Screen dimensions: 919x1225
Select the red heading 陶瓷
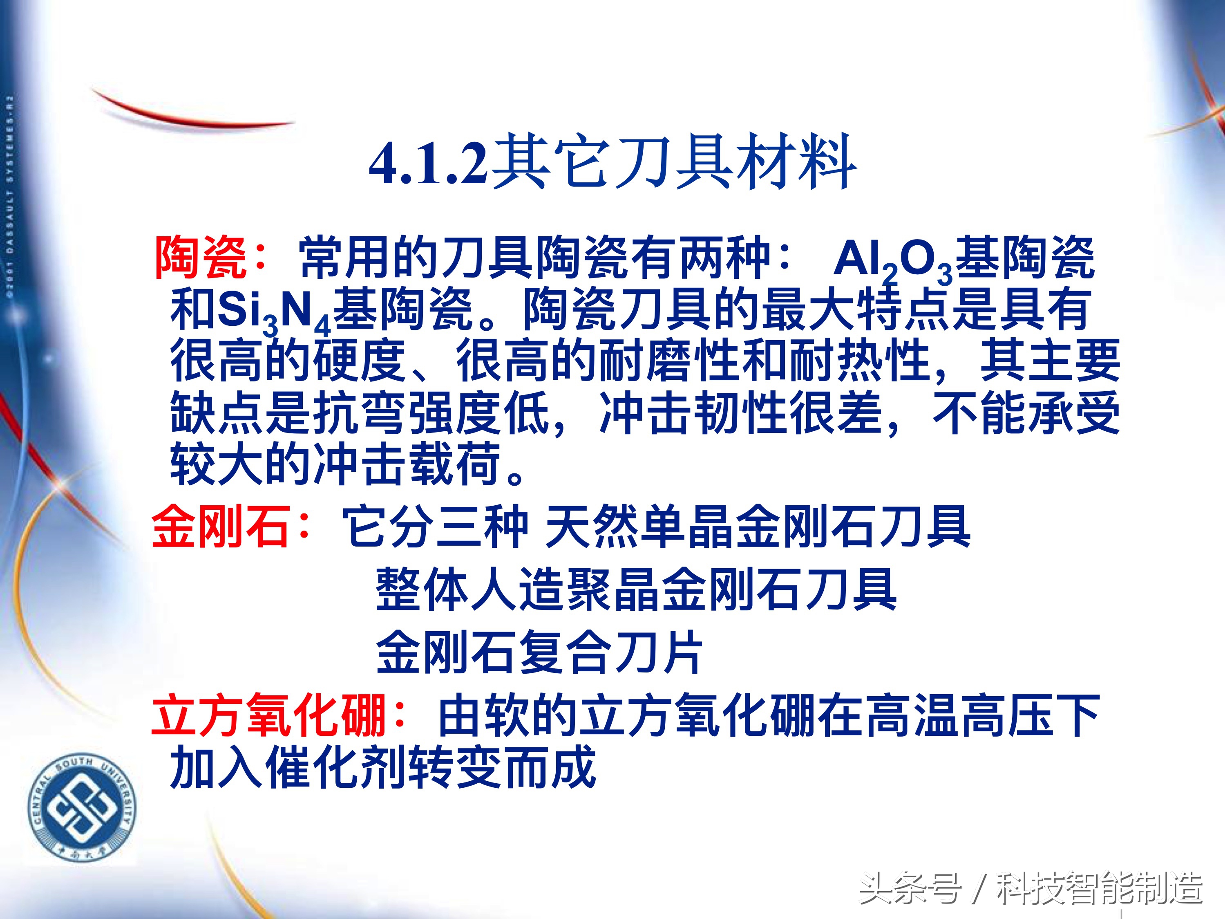point(201,258)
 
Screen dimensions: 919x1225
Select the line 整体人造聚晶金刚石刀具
point(635,590)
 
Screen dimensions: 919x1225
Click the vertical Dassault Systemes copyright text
point(10,197)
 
